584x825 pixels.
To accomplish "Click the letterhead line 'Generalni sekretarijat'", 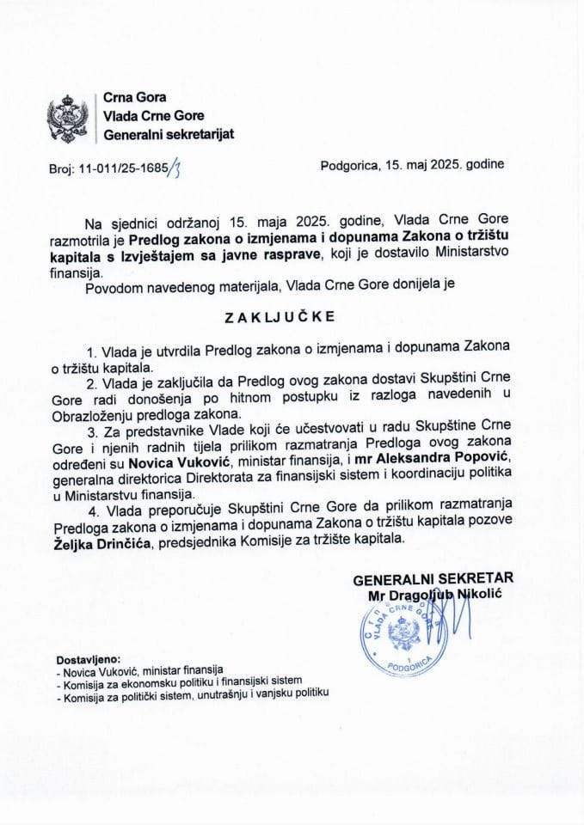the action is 168,134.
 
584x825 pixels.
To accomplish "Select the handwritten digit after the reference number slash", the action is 175,168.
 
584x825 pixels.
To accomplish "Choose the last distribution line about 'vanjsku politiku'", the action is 191,698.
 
